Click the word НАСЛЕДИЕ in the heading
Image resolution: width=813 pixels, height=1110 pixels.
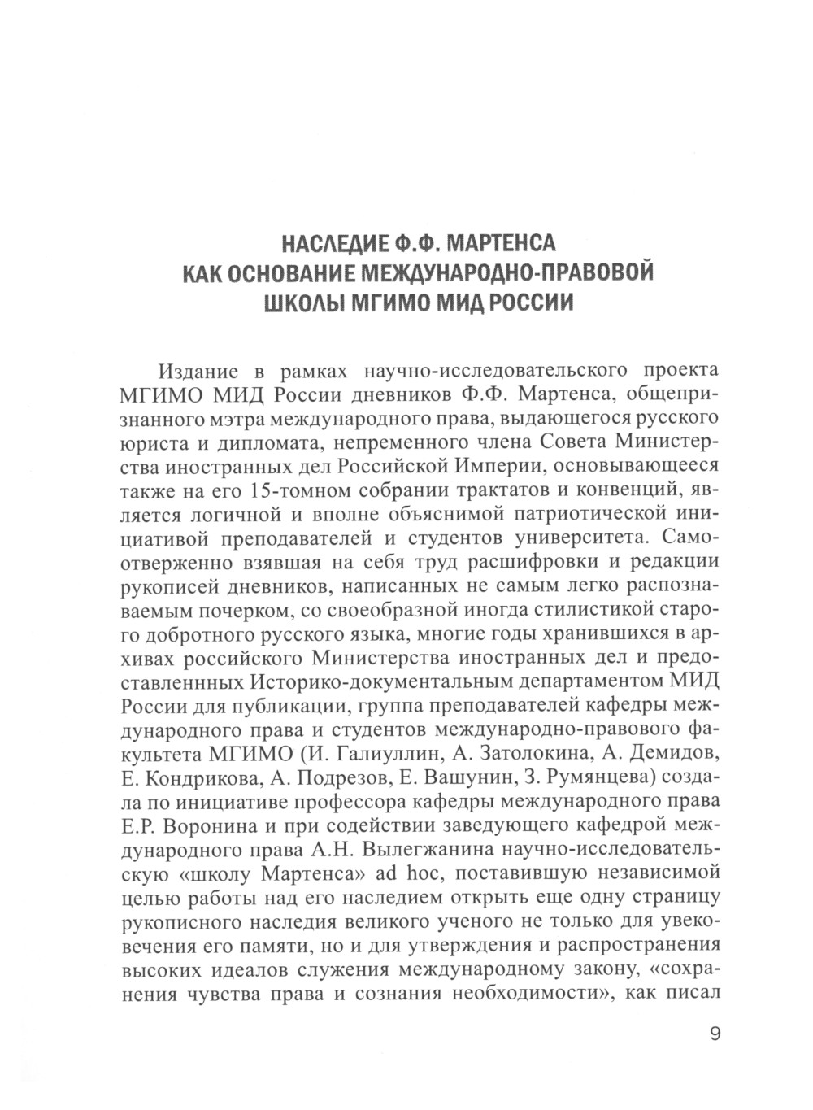(328, 243)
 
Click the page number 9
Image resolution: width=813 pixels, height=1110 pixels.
(715, 1034)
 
